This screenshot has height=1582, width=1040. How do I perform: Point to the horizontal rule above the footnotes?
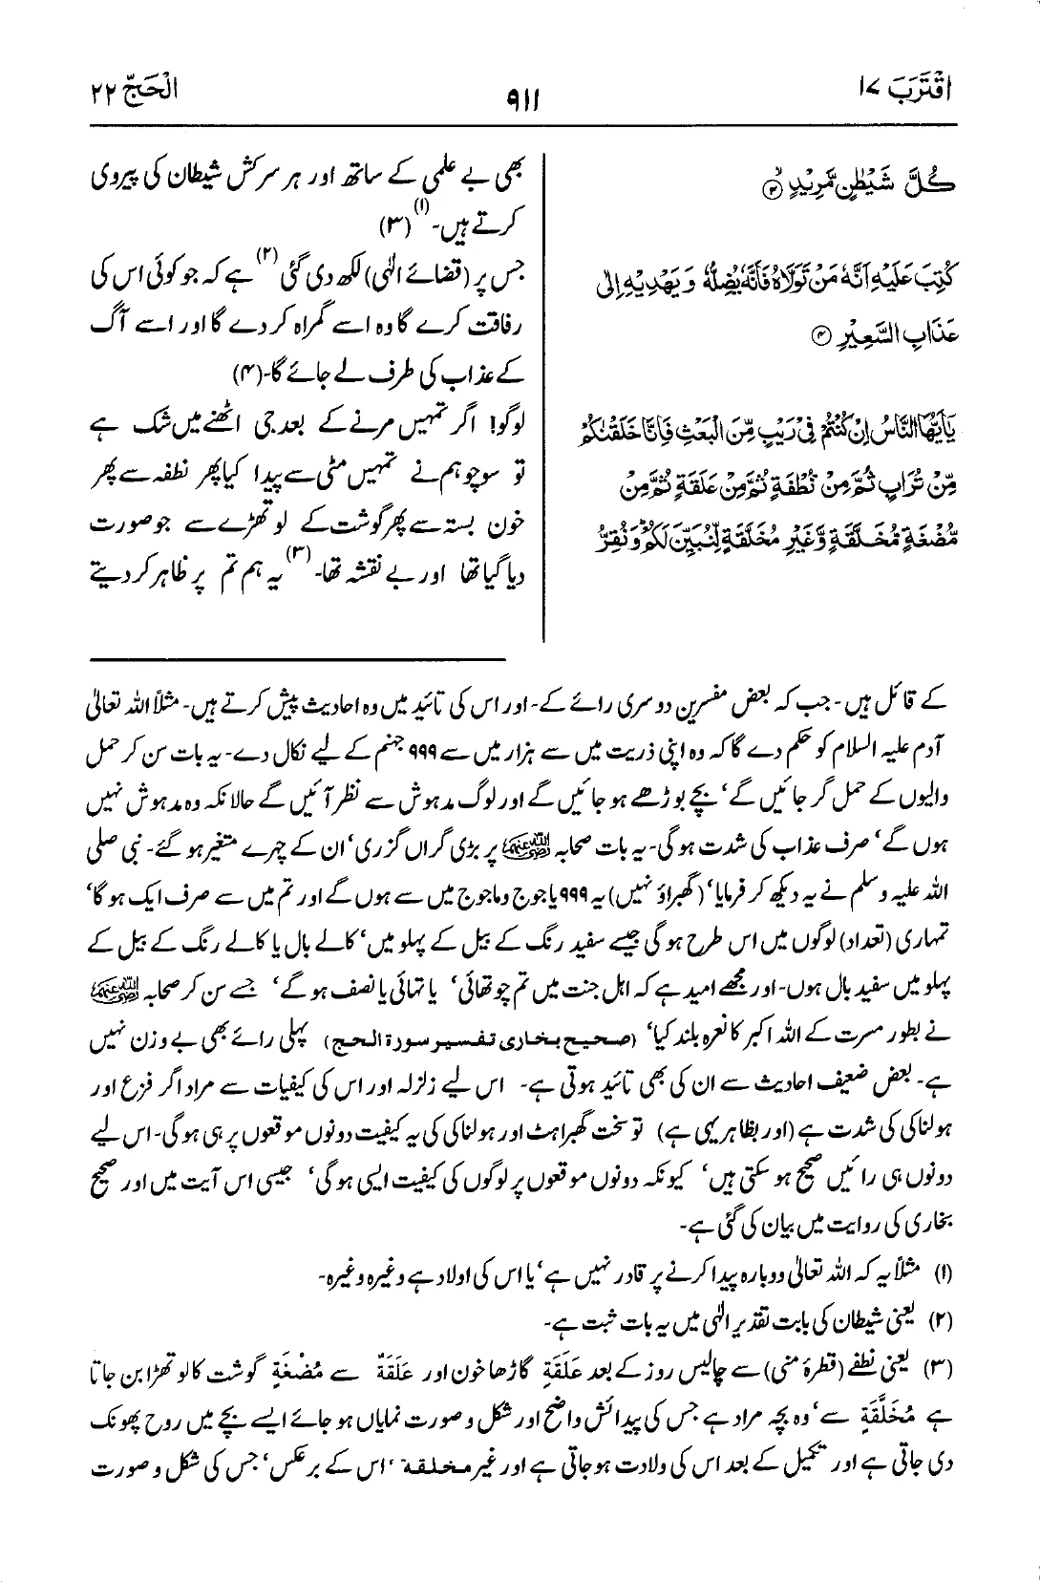pos(300,658)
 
